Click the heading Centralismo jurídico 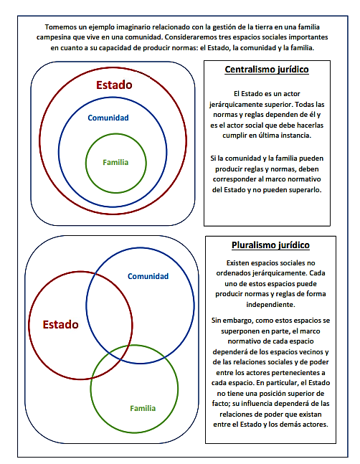click(x=267, y=70)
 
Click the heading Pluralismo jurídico click(x=270, y=245)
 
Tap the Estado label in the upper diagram click(x=114, y=85)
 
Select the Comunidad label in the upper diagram click(x=108, y=118)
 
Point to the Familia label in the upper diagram click(x=115, y=162)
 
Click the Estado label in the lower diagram click(x=60, y=324)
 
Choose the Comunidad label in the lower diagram click(x=148, y=276)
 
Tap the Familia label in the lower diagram click(x=143, y=408)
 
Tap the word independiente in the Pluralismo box click(x=270, y=305)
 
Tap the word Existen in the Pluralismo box click(x=237, y=263)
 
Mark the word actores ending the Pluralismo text click(x=316, y=425)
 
